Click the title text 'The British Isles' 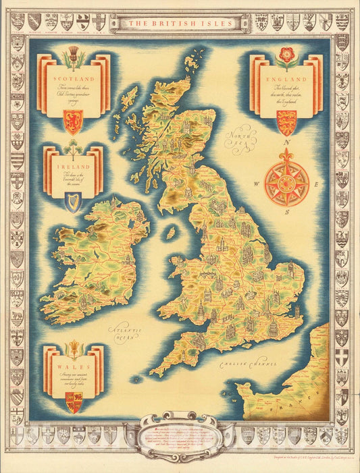pos(180,23)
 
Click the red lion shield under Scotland pos(72,121)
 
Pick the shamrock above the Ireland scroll pos(72,148)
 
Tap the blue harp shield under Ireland pos(72,201)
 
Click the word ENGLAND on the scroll pos(286,80)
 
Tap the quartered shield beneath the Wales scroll pos(73,401)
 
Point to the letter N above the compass pos(287,143)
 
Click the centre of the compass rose pos(287,179)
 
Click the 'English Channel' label pos(249,365)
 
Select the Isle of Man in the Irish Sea pos(171,233)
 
